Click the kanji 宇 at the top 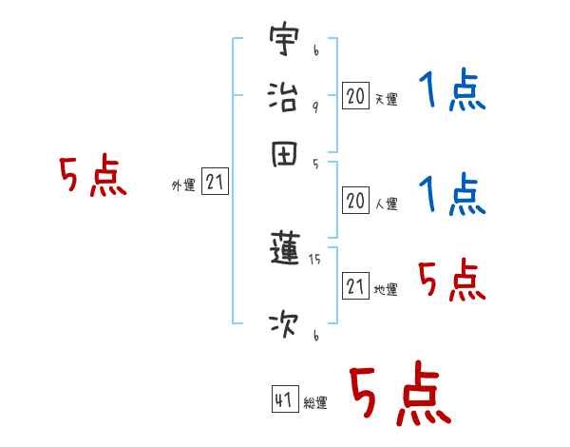(x=284, y=41)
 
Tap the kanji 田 (x=284, y=153)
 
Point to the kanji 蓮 (x=284, y=249)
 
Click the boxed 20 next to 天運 (x=355, y=95)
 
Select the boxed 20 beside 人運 (x=355, y=201)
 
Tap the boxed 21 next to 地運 (x=355, y=286)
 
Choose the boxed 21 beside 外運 (x=215, y=182)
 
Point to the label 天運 (x=386, y=99)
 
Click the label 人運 (x=386, y=204)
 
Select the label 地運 (x=386, y=290)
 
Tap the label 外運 (x=183, y=185)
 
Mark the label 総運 (x=314, y=403)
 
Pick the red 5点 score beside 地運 (x=451, y=280)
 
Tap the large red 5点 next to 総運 (x=399, y=395)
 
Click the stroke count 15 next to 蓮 (x=314, y=259)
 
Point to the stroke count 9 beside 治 (x=314, y=107)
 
